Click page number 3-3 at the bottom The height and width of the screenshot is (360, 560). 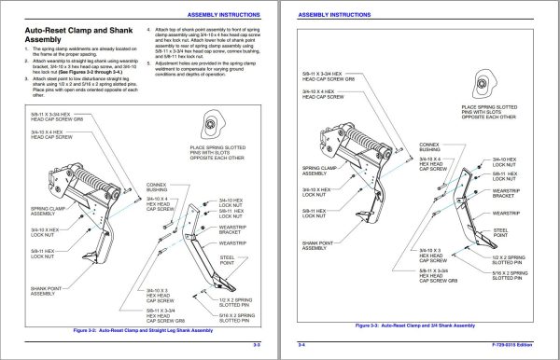coord(257,346)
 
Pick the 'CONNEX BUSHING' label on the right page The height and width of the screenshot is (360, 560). coord(429,146)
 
